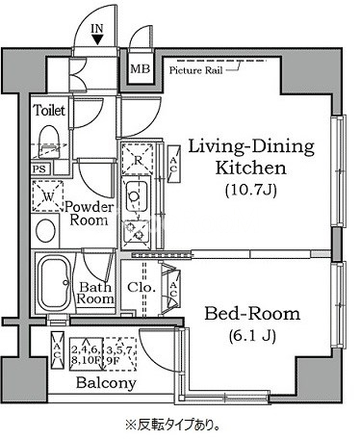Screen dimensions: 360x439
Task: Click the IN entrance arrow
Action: pos(97,39)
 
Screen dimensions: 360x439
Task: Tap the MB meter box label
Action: pos(140,68)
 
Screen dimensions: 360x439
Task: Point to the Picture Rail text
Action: pos(195,70)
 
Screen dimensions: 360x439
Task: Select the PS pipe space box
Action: pos(39,168)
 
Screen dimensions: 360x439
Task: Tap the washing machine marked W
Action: pos(48,196)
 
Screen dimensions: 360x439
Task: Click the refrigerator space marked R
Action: pos(138,160)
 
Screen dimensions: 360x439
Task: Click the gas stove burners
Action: pos(136,231)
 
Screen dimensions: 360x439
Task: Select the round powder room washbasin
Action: pos(45,231)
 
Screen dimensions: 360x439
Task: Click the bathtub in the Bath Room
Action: pos(54,281)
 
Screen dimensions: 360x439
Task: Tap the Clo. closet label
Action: pos(141,287)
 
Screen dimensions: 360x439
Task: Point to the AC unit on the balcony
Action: pos(58,350)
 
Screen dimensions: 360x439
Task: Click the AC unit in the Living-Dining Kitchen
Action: pos(173,165)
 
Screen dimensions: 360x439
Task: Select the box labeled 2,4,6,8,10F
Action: pos(86,354)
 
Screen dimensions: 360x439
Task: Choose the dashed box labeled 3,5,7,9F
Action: pos(119,354)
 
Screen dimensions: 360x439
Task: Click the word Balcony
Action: pos(106,383)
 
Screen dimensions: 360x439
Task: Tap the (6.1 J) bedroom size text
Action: pos(252,336)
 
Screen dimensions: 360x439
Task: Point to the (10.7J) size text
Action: pos(250,191)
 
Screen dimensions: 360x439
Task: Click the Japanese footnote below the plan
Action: pos(173,425)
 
